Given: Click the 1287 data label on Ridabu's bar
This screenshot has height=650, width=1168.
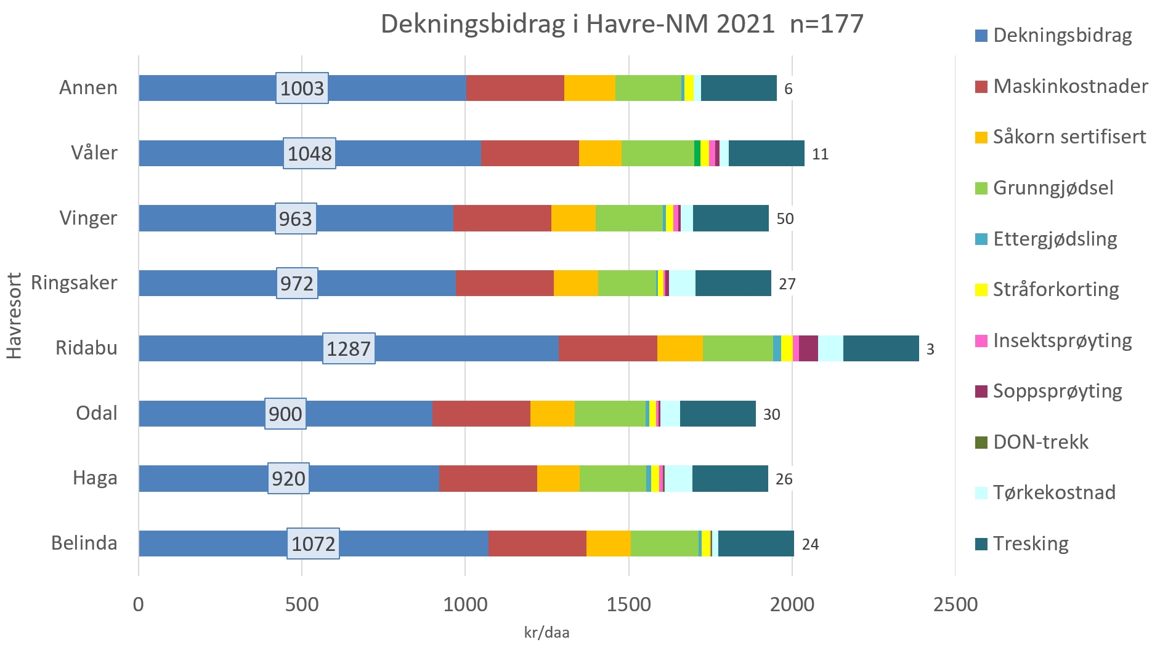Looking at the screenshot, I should click(349, 349).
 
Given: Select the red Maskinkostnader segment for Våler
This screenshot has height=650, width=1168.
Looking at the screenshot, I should click(530, 153).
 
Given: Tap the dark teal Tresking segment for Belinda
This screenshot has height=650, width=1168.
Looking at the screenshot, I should click(756, 544).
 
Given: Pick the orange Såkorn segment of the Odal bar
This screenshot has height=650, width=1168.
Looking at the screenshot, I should click(552, 414).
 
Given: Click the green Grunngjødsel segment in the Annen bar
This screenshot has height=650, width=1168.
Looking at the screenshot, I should click(648, 88).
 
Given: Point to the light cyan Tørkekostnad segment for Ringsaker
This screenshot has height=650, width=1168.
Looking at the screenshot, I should click(682, 283).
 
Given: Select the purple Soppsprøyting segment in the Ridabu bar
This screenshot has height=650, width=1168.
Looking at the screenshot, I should click(808, 348).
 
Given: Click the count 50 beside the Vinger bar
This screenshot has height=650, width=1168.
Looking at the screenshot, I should click(785, 219).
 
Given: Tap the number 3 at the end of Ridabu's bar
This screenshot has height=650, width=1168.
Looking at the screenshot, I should click(930, 350).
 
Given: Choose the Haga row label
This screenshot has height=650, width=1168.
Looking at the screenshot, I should click(95, 478).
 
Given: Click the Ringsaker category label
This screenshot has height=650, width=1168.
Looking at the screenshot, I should click(74, 283).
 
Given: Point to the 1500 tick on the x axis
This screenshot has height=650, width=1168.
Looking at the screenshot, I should click(628, 604).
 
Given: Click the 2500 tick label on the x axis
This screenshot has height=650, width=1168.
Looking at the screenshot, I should click(955, 604).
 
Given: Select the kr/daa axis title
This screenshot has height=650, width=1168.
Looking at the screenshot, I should click(546, 633).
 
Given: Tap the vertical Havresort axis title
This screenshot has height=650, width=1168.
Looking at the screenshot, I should click(14, 316).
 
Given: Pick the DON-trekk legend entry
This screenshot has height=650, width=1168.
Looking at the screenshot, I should click(1040, 442).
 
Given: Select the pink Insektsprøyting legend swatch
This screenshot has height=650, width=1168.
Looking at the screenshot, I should click(981, 340).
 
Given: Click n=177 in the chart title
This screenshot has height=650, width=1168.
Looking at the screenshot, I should click(827, 25).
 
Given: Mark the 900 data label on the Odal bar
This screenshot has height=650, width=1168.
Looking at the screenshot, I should click(285, 414).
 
